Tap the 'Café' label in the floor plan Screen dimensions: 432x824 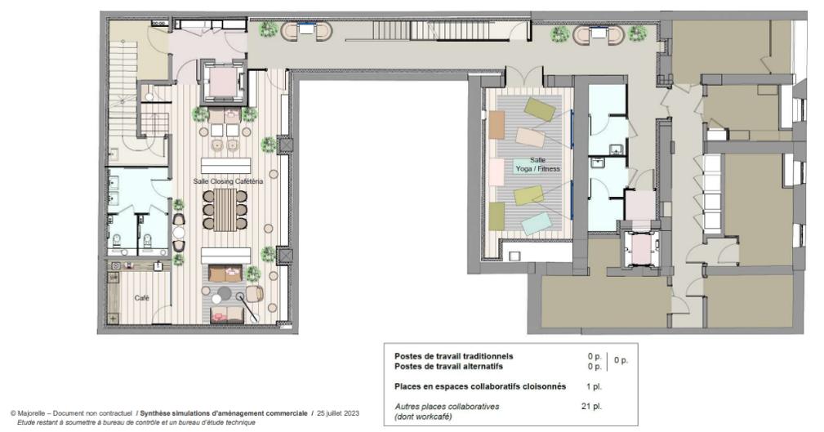141,298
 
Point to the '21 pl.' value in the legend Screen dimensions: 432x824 590,406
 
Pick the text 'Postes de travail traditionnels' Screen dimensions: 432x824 454,357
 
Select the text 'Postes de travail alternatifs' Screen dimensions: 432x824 448,367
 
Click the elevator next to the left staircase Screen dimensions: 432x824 221,80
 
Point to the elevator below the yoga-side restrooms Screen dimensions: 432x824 640,248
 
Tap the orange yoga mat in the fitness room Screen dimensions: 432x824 497,125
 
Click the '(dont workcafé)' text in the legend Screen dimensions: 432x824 425,416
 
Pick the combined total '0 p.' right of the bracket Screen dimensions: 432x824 620,361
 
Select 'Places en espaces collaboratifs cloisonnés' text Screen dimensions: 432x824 479,386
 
